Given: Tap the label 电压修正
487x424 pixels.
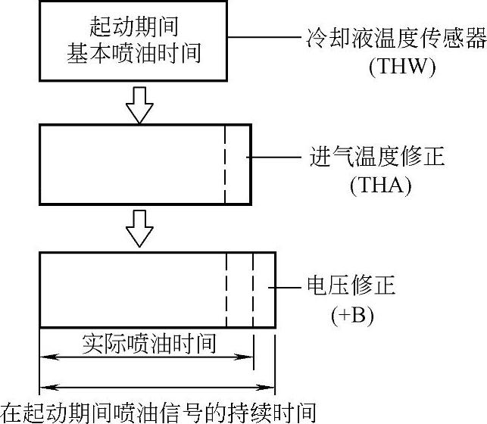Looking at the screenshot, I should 351,286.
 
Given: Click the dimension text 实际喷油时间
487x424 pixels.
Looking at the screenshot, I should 149,344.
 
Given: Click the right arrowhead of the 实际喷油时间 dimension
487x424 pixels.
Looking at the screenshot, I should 247,357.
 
